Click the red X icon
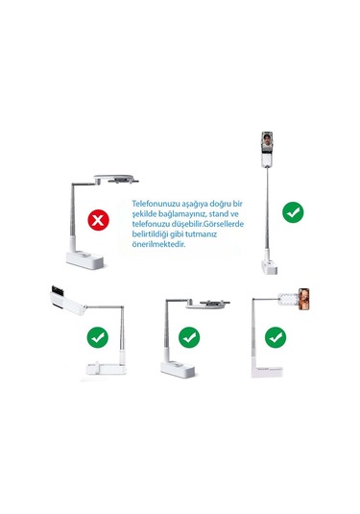(98, 220)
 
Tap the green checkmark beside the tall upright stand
(293, 212)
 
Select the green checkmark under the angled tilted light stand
(98, 337)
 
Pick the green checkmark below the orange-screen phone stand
(276, 337)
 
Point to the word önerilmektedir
(158, 244)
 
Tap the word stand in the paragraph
(220, 213)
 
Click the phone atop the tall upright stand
(267, 142)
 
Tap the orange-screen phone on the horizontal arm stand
(304, 299)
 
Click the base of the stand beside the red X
(85, 259)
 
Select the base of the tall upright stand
(269, 267)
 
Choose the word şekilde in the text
(144, 214)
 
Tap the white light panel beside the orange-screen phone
(289, 300)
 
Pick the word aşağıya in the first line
(195, 205)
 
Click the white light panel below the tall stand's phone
(267, 159)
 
